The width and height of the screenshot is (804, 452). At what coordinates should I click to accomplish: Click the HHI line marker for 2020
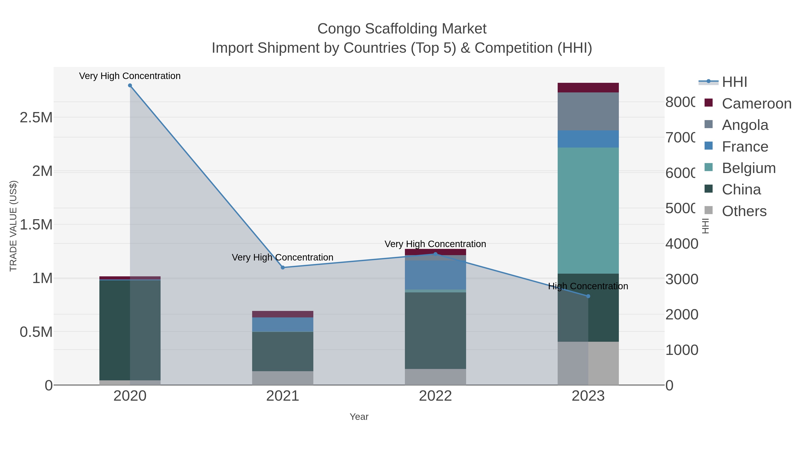coord(130,85)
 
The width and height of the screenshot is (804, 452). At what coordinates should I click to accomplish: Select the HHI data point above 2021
coord(283,267)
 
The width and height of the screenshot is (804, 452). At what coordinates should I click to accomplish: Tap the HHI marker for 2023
coord(588,296)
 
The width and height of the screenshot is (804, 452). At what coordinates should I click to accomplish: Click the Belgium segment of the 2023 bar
coord(588,210)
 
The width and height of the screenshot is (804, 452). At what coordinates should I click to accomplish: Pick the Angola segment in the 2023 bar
coord(588,111)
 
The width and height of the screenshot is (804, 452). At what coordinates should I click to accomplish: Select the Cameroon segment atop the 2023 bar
coord(588,88)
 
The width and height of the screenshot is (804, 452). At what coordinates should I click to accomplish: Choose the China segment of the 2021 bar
coord(283,351)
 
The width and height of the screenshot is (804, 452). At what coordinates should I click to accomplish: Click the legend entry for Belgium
coord(748,168)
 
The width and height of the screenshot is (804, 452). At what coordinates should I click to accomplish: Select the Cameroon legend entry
coord(756,104)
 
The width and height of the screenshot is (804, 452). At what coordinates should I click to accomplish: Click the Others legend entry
coord(744,211)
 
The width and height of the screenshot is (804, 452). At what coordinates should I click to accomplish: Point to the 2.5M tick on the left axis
coord(36,118)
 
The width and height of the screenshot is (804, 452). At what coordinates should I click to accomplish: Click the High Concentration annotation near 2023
coord(588,286)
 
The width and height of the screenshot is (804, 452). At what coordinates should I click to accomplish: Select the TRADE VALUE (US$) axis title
coord(13,226)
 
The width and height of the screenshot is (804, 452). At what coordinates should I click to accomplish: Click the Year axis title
coord(359,417)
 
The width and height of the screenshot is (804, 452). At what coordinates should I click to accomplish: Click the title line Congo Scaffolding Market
coord(402,29)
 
